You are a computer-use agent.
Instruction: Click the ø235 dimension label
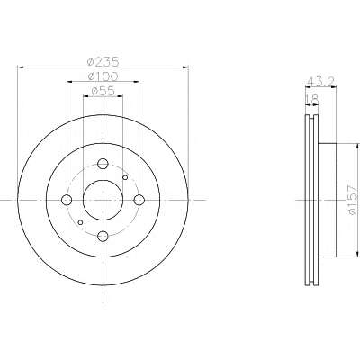(x=103, y=61)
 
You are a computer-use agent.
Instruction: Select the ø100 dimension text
(x=103, y=76)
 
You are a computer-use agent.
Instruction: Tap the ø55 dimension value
(x=103, y=91)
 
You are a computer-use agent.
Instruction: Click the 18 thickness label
(x=311, y=100)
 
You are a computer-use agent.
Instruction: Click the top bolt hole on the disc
(x=103, y=164)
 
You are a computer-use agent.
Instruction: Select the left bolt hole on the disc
(x=67, y=200)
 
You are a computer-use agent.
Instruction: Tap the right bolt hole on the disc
(x=139, y=200)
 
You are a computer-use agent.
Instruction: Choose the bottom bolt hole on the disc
(x=103, y=236)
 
